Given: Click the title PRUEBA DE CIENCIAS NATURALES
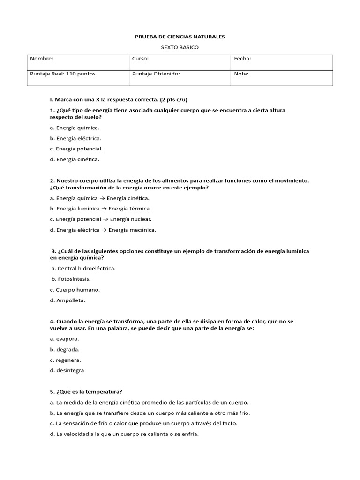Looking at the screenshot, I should pyautogui.click(x=180, y=37).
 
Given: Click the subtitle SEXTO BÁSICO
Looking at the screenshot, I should pyautogui.click(x=180, y=48).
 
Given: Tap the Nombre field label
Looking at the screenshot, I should pyautogui.click(x=42, y=59).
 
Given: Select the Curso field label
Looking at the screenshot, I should pyautogui.click(x=141, y=59).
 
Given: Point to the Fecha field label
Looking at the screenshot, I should pyautogui.click(x=242, y=59).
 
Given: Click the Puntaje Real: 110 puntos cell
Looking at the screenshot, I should pyautogui.click(x=63, y=74).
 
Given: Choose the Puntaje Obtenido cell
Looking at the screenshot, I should pyautogui.click(x=156, y=74).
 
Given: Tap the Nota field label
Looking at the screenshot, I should pyautogui.click(x=241, y=74).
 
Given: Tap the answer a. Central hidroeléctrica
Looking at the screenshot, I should pyautogui.click(x=83, y=268).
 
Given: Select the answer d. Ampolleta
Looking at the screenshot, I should pyautogui.click(x=67, y=300).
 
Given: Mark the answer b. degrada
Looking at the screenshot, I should pyautogui.click(x=65, y=349).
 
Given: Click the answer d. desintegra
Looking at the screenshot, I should pyautogui.click(x=67, y=370).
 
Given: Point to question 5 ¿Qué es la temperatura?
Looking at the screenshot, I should pyautogui.click(x=89, y=392).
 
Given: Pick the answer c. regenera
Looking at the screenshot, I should pyautogui.click(x=65, y=360).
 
